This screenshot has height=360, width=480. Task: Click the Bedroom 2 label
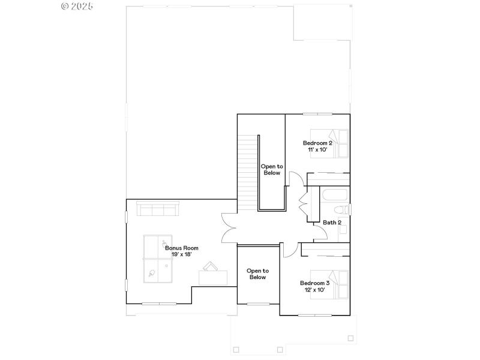click(317, 143)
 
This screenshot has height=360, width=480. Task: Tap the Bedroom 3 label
click(314, 283)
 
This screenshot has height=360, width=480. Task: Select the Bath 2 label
click(332, 223)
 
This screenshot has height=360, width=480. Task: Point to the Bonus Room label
click(181, 248)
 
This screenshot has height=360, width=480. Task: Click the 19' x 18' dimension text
click(181, 254)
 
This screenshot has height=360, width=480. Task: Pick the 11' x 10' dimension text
click(317, 149)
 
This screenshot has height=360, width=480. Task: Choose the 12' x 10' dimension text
click(314, 290)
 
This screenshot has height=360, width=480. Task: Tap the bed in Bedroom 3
click(329, 284)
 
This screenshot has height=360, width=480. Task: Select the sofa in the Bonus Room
click(157, 209)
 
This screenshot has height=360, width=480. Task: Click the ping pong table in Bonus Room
click(158, 258)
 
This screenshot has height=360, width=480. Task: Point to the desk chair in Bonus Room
click(211, 266)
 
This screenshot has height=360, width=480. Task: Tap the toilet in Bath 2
click(341, 209)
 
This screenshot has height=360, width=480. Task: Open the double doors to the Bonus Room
click(229, 228)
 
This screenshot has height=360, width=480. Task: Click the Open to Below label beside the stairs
click(271, 169)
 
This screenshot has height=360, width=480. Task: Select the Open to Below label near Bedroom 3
click(257, 274)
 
